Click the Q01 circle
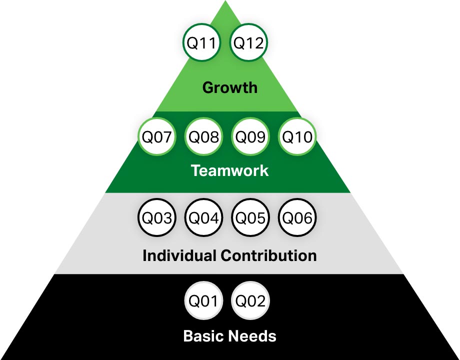(x=202, y=301)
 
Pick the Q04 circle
(x=203, y=218)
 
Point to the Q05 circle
(x=250, y=218)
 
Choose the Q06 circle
(x=297, y=218)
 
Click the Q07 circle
(x=157, y=137)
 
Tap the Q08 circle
(x=203, y=137)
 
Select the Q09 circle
(x=250, y=137)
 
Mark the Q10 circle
(x=297, y=137)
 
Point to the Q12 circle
(x=248, y=43)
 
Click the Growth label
(x=229, y=88)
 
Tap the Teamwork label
(x=229, y=170)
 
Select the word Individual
(x=179, y=255)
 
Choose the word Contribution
(x=268, y=255)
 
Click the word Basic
(x=202, y=335)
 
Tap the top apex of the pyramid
(x=230, y=3)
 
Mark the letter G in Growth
(x=207, y=88)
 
